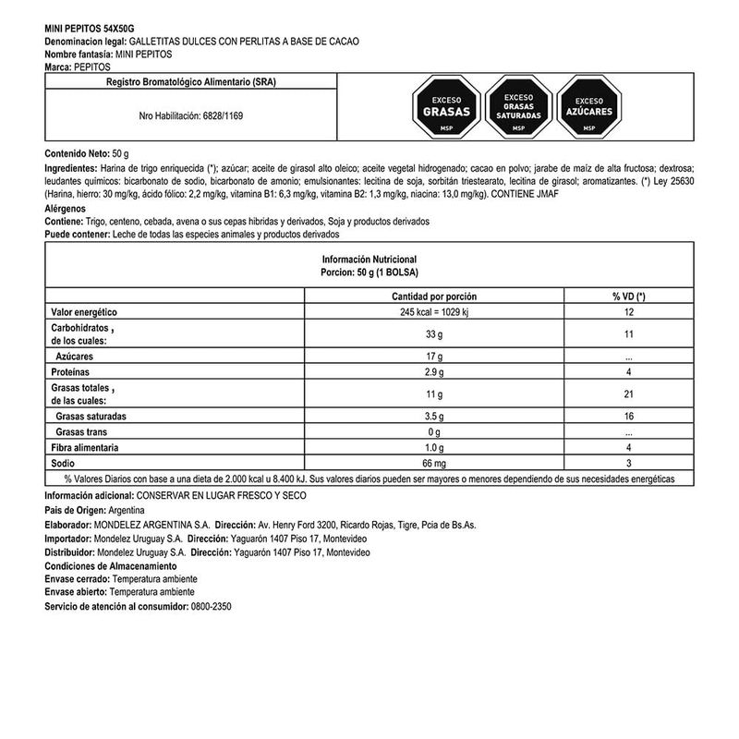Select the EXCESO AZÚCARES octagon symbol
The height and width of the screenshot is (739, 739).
tap(589, 108)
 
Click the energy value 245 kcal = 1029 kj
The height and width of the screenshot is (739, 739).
tap(434, 312)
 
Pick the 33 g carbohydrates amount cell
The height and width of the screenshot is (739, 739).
tap(434, 334)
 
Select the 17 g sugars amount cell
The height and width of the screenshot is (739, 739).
tap(434, 356)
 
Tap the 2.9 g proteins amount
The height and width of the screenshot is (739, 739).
tap(434, 371)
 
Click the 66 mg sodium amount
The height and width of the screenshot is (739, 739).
tap(434, 463)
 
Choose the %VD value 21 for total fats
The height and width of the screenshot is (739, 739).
tap(627, 394)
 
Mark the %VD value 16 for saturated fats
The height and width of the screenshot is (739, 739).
tap(627, 417)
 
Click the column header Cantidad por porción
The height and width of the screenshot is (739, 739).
tap(434, 296)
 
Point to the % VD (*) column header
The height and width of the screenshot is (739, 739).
tap(627, 296)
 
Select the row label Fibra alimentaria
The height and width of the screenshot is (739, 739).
tap(85, 448)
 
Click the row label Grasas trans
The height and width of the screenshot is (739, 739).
tap(86, 432)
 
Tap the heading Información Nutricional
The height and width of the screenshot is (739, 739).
tap(369, 260)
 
